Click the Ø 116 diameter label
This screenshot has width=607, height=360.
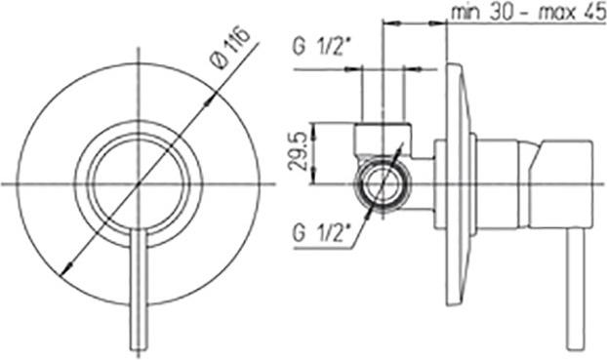[230, 48]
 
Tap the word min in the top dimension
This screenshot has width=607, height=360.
[465, 13]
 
